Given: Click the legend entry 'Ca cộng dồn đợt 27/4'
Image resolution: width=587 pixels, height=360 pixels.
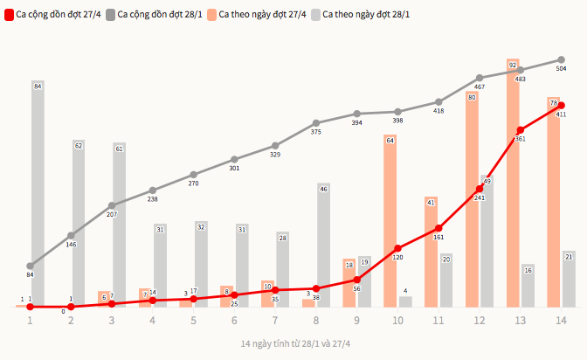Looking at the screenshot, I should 52,15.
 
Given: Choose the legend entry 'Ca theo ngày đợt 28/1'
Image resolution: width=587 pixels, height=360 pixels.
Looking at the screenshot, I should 359,15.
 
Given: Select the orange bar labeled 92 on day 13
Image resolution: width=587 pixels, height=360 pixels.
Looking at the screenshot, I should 514,183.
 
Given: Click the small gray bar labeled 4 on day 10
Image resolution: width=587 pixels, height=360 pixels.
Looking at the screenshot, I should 405,301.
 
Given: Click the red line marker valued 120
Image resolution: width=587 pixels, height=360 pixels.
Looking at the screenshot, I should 397,248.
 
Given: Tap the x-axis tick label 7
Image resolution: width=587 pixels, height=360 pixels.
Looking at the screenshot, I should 275,321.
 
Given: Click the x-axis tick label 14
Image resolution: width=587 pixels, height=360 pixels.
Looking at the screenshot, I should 561,321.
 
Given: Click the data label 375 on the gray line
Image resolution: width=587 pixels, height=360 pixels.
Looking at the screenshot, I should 315,132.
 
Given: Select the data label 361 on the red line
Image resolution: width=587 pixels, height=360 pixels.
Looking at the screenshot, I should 520,139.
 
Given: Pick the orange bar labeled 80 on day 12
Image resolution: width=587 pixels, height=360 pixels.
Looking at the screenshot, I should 473,201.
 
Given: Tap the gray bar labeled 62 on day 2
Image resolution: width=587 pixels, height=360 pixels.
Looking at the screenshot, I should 79,223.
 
